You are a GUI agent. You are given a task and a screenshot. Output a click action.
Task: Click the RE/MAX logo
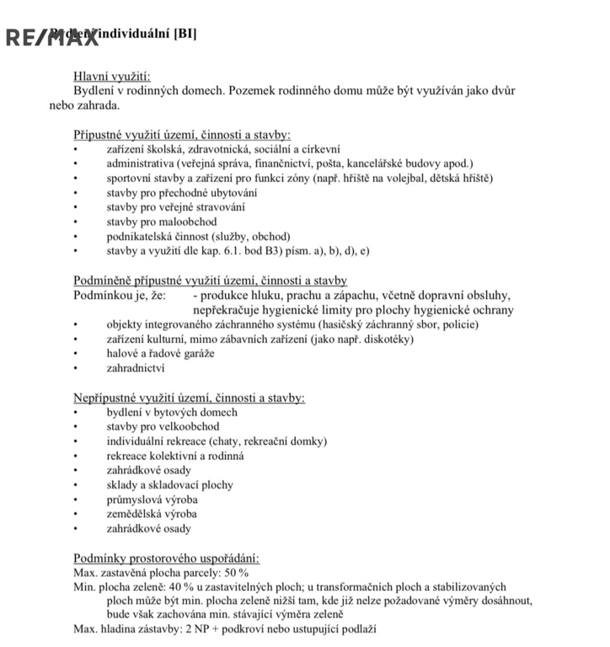pyautogui.click(x=51, y=37)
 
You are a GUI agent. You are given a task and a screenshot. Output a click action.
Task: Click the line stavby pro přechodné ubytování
pyautogui.click(x=182, y=193)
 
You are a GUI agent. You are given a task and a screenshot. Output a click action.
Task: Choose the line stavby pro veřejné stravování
pyautogui.click(x=176, y=207)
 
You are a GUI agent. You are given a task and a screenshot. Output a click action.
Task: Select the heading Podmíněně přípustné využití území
pyautogui.click(x=210, y=281)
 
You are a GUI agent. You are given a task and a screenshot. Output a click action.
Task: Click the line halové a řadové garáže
pyautogui.click(x=160, y=353)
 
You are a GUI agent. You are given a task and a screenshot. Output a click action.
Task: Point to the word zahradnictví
pyautogui.click(x=136, y=368)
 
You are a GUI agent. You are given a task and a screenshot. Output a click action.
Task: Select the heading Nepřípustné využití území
pyautogui.click(x=189, y=398)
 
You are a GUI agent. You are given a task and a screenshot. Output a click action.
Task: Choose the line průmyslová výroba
pyautogui.click(x=152, y=500)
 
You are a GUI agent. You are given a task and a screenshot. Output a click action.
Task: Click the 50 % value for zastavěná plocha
pyautogui.click(x=233, y=572)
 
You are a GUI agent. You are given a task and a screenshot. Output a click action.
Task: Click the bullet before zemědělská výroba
pyautogui.click(x=75, y=515)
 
